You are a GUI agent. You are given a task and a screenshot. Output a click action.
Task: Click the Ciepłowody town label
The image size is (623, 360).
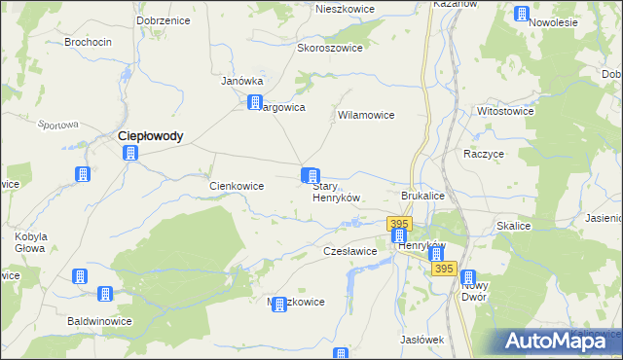pyautogui.click(x=150, y=137)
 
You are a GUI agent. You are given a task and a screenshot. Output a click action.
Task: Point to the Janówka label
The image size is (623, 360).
pyautogui.click(x=243, y=81)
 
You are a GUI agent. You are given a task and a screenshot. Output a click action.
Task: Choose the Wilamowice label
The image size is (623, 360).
pyautogui.click(x=365, y=115)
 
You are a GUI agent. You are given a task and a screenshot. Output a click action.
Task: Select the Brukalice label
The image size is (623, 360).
pyautogui.click(x=422, y=196)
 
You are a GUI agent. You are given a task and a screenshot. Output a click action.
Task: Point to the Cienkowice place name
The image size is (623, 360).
pyautogui.click(x=238, y=185)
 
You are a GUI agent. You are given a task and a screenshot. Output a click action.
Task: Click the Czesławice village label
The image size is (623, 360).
pyautogui.click(x=349, y=251)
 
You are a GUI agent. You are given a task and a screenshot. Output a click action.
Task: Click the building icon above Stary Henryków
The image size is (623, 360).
pyautogui.click(x=311, y=176)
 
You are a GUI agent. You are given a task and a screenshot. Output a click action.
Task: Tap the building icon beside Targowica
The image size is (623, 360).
pyautogui.click(x=255, y=103)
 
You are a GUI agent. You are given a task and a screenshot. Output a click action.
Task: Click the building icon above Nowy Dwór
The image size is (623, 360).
pyautogui.click(x=468, y=278)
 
